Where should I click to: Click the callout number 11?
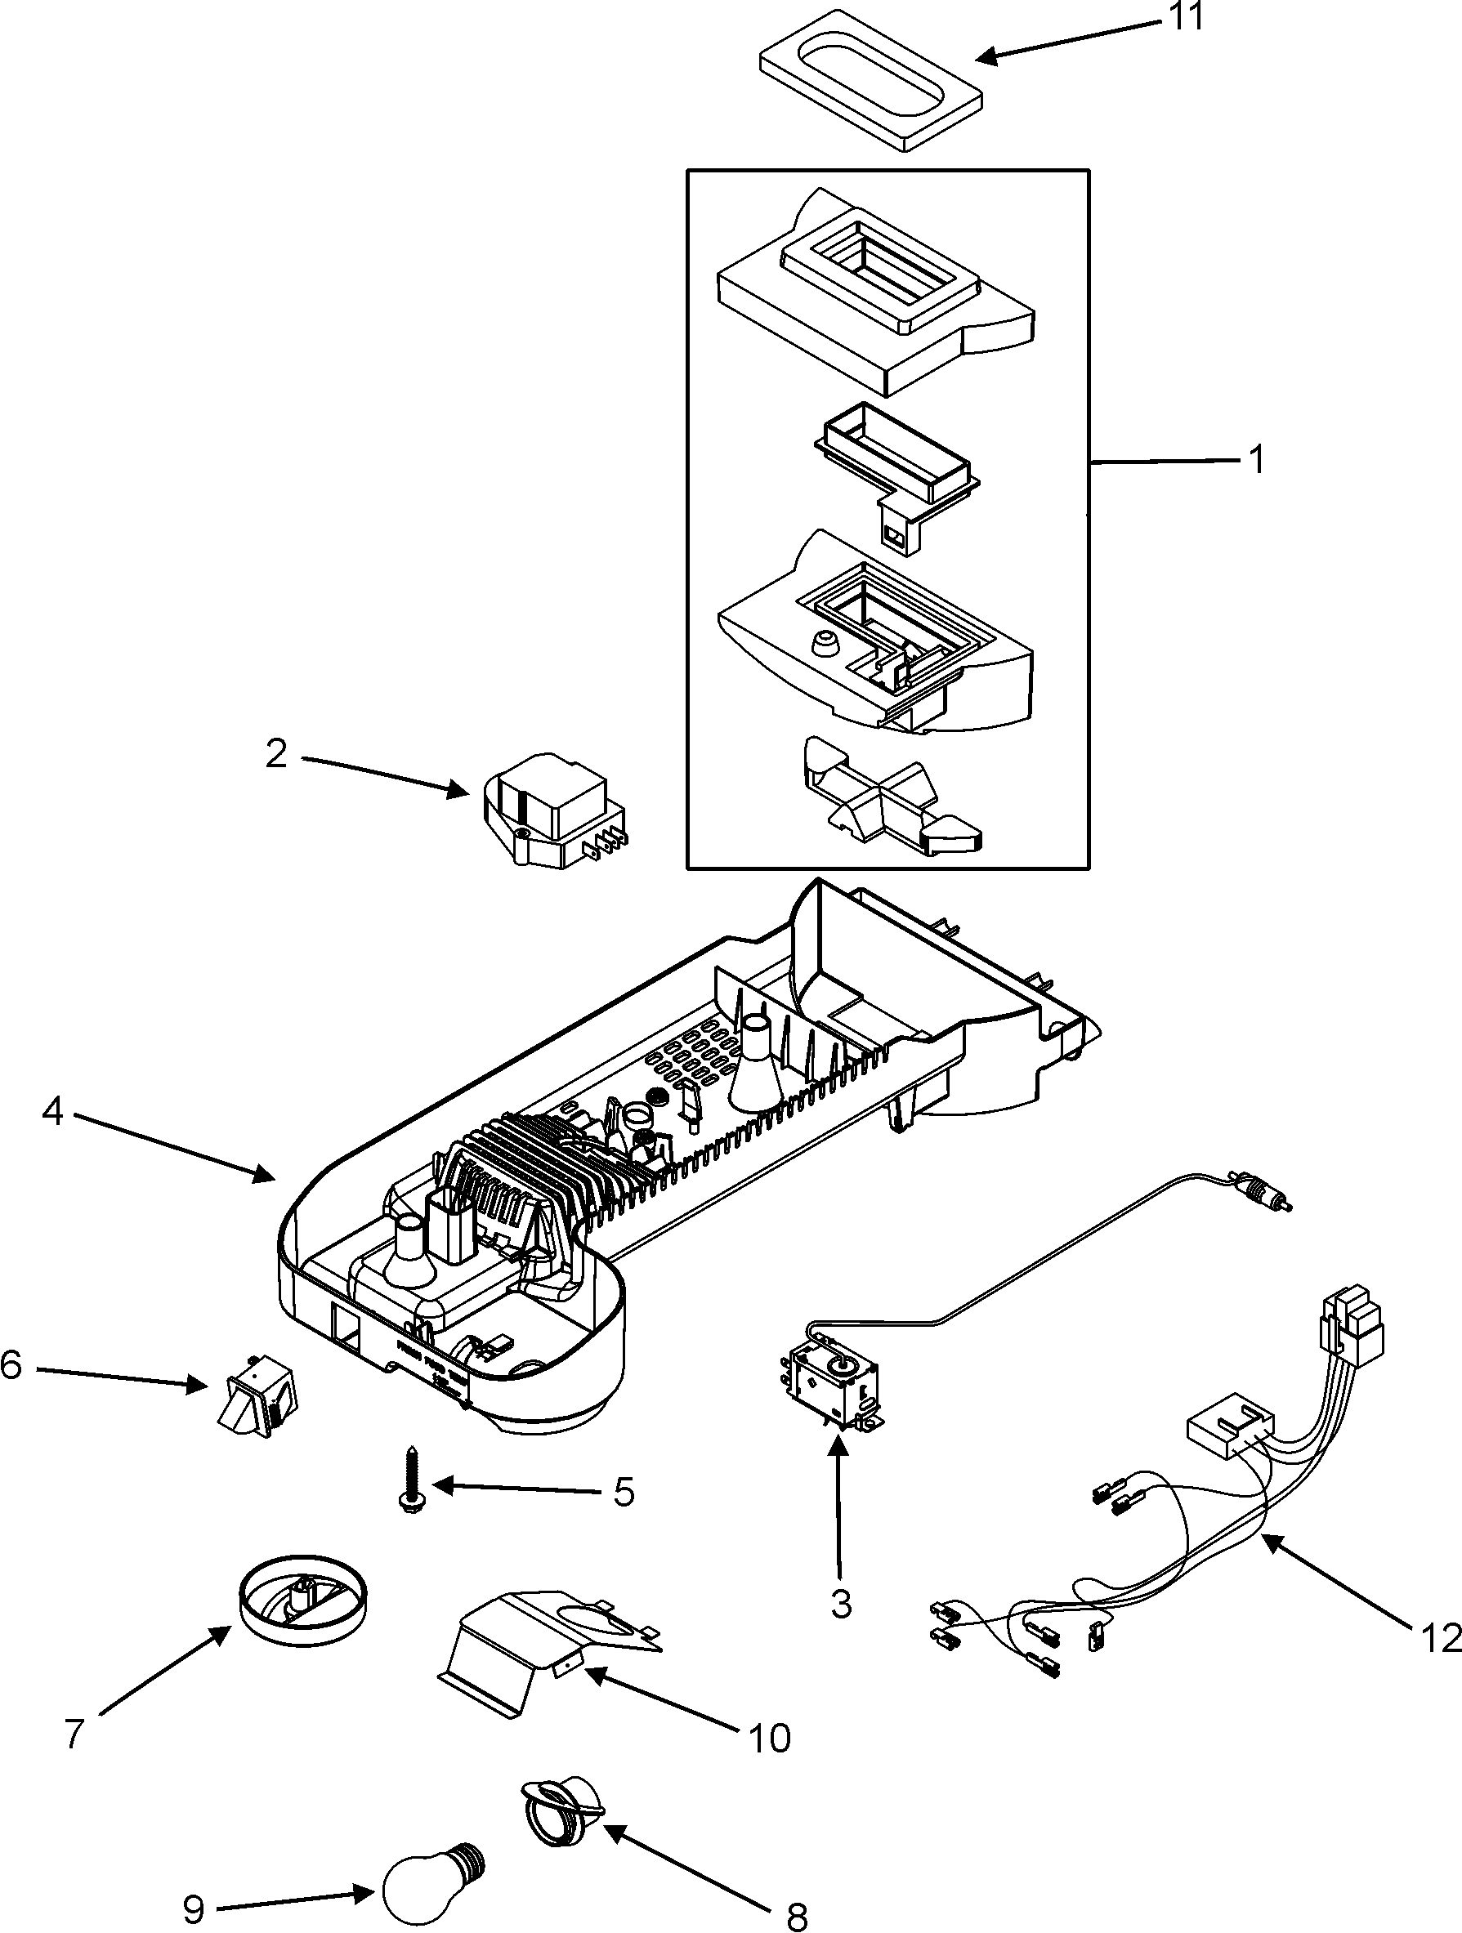[1187, 16]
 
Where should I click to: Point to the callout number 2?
[277, 753]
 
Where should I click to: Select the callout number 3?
[841, 1604]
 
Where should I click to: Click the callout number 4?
[53, 1112]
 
